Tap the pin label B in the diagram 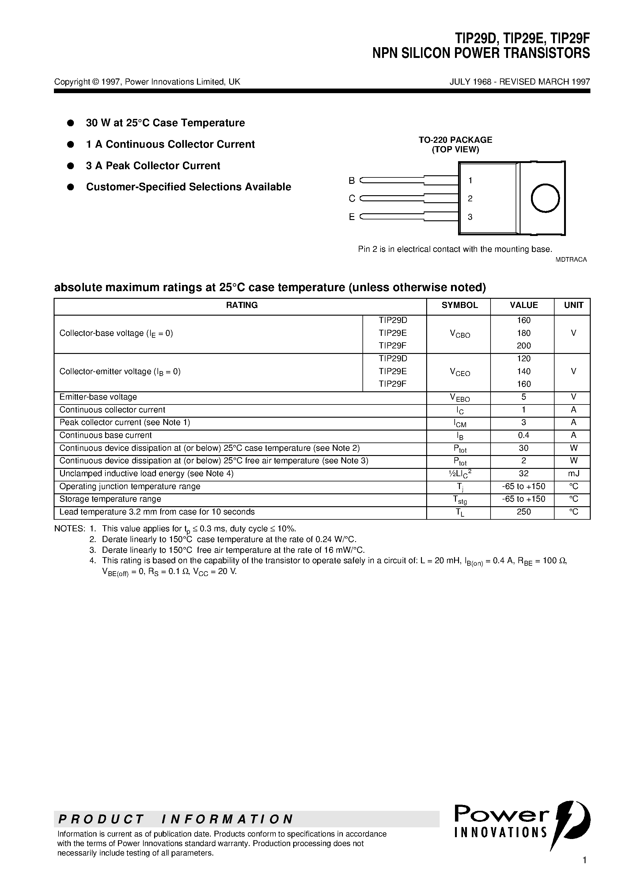(x=352, y=181)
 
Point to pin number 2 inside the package (x=470, y=199)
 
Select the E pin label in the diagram (x=352, y=217)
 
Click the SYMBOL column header (x=459, y=305)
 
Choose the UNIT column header (x=573, y=305)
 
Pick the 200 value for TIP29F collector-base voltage (x=523, y=346)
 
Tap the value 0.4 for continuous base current (x=523, y=435)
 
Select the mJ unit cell (x=573, y=474)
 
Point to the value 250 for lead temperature (x=523, y=512)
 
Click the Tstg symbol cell (x=460, y=500)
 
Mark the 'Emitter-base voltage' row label (x=98, y=397)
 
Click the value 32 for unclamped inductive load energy (x=523, y=474)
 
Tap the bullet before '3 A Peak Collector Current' (x=71, y=166)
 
